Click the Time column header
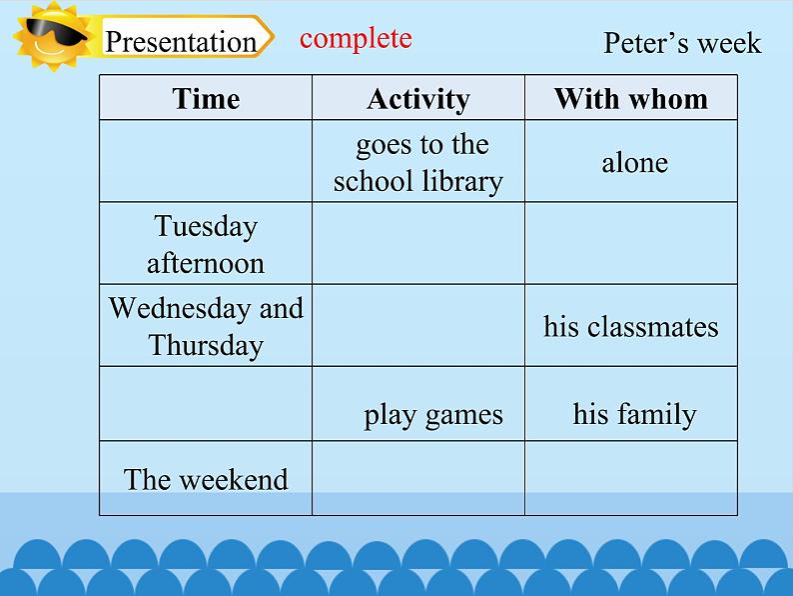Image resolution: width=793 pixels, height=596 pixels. coord(206,98)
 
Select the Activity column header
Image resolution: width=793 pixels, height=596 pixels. coord(417,98)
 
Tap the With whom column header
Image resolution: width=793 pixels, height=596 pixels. coord(630,98)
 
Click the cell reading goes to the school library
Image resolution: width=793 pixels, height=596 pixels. coord(417,162)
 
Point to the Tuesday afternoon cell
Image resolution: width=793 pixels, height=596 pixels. coord(206,244)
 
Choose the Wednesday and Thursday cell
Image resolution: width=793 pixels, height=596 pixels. coord(206,326)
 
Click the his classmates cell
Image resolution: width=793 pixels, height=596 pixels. coord(630,327)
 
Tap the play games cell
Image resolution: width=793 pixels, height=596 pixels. coord(432,414)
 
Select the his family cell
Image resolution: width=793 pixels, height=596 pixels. coord(633,414)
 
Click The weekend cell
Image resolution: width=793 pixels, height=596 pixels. coord(206,479)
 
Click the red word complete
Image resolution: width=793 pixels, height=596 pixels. coord(356,38)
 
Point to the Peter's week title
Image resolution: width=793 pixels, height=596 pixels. coord(681,43)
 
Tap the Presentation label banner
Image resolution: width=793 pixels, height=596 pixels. coord(182,41)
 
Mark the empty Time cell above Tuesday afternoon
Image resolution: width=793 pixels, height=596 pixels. coord(206,162)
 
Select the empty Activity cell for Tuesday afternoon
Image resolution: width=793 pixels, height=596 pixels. coord(417,244)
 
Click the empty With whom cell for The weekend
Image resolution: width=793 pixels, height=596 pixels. coord(630,479)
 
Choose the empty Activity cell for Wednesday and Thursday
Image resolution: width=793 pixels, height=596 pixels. coord(417,326)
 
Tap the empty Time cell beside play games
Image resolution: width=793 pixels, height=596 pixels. coord(206,404)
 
